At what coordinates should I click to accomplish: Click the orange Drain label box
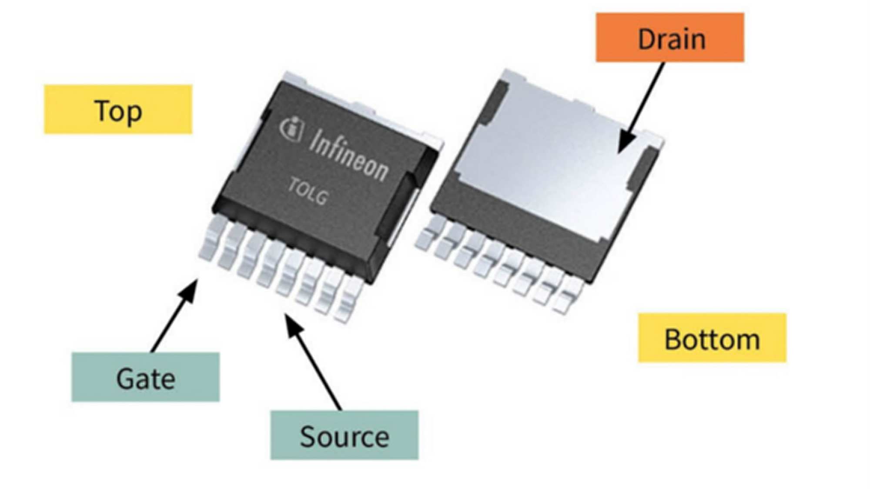tap(669, 37)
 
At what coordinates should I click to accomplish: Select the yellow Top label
tap(118, 109)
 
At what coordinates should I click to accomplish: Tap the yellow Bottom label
tap(712, 338)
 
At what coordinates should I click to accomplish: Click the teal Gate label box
tap(145, 377)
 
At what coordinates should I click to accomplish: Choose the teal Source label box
tap(344, 435)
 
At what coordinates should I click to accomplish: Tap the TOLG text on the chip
tap(308, 191)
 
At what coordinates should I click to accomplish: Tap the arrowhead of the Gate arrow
tap(194, 285)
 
